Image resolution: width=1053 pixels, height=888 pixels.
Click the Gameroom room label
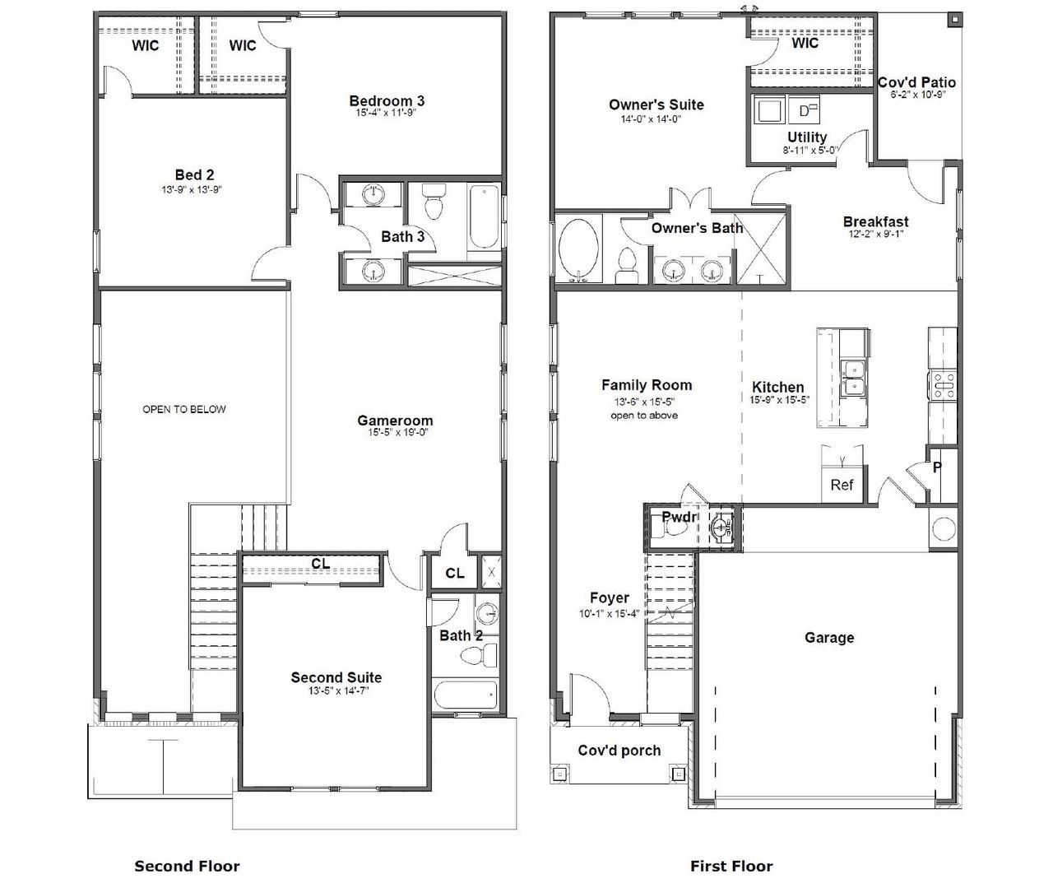[x=394, y=421]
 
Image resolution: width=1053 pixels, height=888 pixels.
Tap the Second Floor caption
[x=187, y=866]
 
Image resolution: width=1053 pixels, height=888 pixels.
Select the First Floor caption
[x=731, y=866]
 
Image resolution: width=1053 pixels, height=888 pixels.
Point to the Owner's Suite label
[x=656, y=105]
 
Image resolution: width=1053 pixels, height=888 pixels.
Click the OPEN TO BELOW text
[x=183, y=409]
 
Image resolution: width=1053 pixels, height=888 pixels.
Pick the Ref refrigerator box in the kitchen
[x=841, y=485]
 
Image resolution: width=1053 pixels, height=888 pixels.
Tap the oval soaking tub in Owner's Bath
[x=582, y=249]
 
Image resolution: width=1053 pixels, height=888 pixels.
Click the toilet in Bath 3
[x=433, y=202]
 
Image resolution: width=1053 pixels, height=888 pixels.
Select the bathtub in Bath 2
[x=466, y=695]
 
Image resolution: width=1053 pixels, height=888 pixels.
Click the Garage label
[x=828, y=637]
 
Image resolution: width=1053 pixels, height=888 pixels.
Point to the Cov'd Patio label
[x=916, y=82]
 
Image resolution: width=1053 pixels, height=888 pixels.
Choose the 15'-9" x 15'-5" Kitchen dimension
[x=779, y=400]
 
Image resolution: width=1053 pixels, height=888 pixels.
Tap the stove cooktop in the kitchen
[x=943, y=384]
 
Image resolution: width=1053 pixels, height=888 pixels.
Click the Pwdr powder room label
[x=680, y=517]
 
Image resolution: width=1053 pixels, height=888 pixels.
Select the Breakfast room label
[x=875, y=221]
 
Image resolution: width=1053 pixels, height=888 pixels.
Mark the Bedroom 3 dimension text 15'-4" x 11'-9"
[x=387, y=113]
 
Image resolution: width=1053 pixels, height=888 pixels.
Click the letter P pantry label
[x=936, y=467]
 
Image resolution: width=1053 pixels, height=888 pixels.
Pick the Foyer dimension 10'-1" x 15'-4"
[x=609, y=612]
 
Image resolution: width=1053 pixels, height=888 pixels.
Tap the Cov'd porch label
[x=619, y=750]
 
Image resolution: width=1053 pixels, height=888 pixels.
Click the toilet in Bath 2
[x=478, y=655]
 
